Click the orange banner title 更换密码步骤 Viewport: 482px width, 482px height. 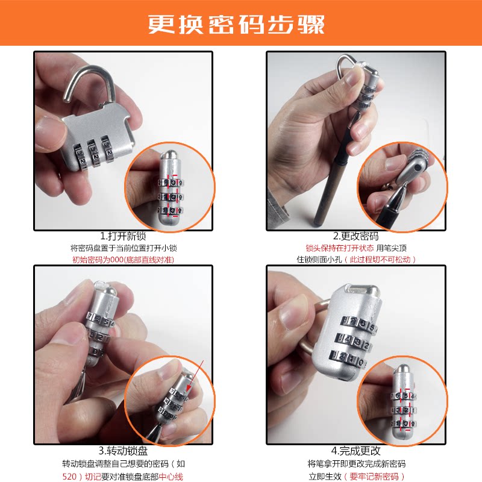pyautogui.click(x=236, y=23)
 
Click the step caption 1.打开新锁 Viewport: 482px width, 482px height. pyautogui.click(x=123, y=236)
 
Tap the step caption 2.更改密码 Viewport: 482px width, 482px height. pyautogui.click(x=356, y=236)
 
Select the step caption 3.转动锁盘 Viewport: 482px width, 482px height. pyautogui.click(x=123, y=451)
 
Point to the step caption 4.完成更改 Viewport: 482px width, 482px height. pyautogui.click(x=356, y=451)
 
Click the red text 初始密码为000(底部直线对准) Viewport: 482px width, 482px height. pyautogui.click(x=123, y=260)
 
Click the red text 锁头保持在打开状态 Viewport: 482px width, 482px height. pyautogui.click(x=340, y=248)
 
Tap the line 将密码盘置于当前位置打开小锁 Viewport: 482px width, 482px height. pyautogui.click(x=124, y=248)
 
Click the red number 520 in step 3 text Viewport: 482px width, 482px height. pyautogui.click(x=69, y=477)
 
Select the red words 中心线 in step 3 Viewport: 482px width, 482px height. pyautogui.click(x=171, y=477)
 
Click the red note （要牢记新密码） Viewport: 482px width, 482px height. pyautogui.click(x=374, y=477)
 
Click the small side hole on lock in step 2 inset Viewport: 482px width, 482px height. pyautogui.click(x=416, y=168)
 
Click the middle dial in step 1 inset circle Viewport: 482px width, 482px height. pyautogui.click(x=171, y=197)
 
